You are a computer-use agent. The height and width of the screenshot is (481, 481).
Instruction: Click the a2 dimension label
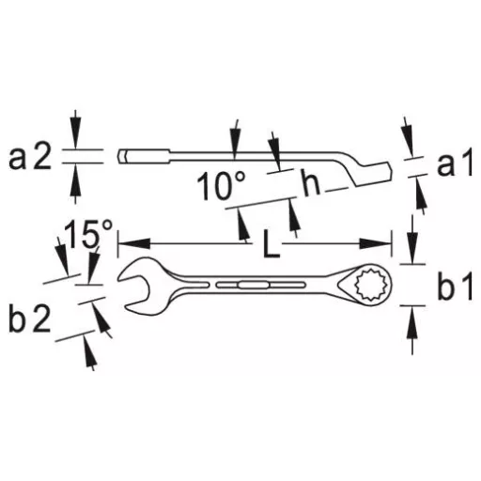click(x=30, y=159)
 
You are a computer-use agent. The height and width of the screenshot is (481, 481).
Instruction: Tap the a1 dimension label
click(x=455, y=163)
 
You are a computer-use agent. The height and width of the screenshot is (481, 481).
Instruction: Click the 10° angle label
click(x=221, y=185)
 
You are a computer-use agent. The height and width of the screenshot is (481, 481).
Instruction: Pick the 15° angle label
click(x=88, y=234)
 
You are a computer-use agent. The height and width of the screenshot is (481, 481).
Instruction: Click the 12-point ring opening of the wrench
click(x=373, y=285)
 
